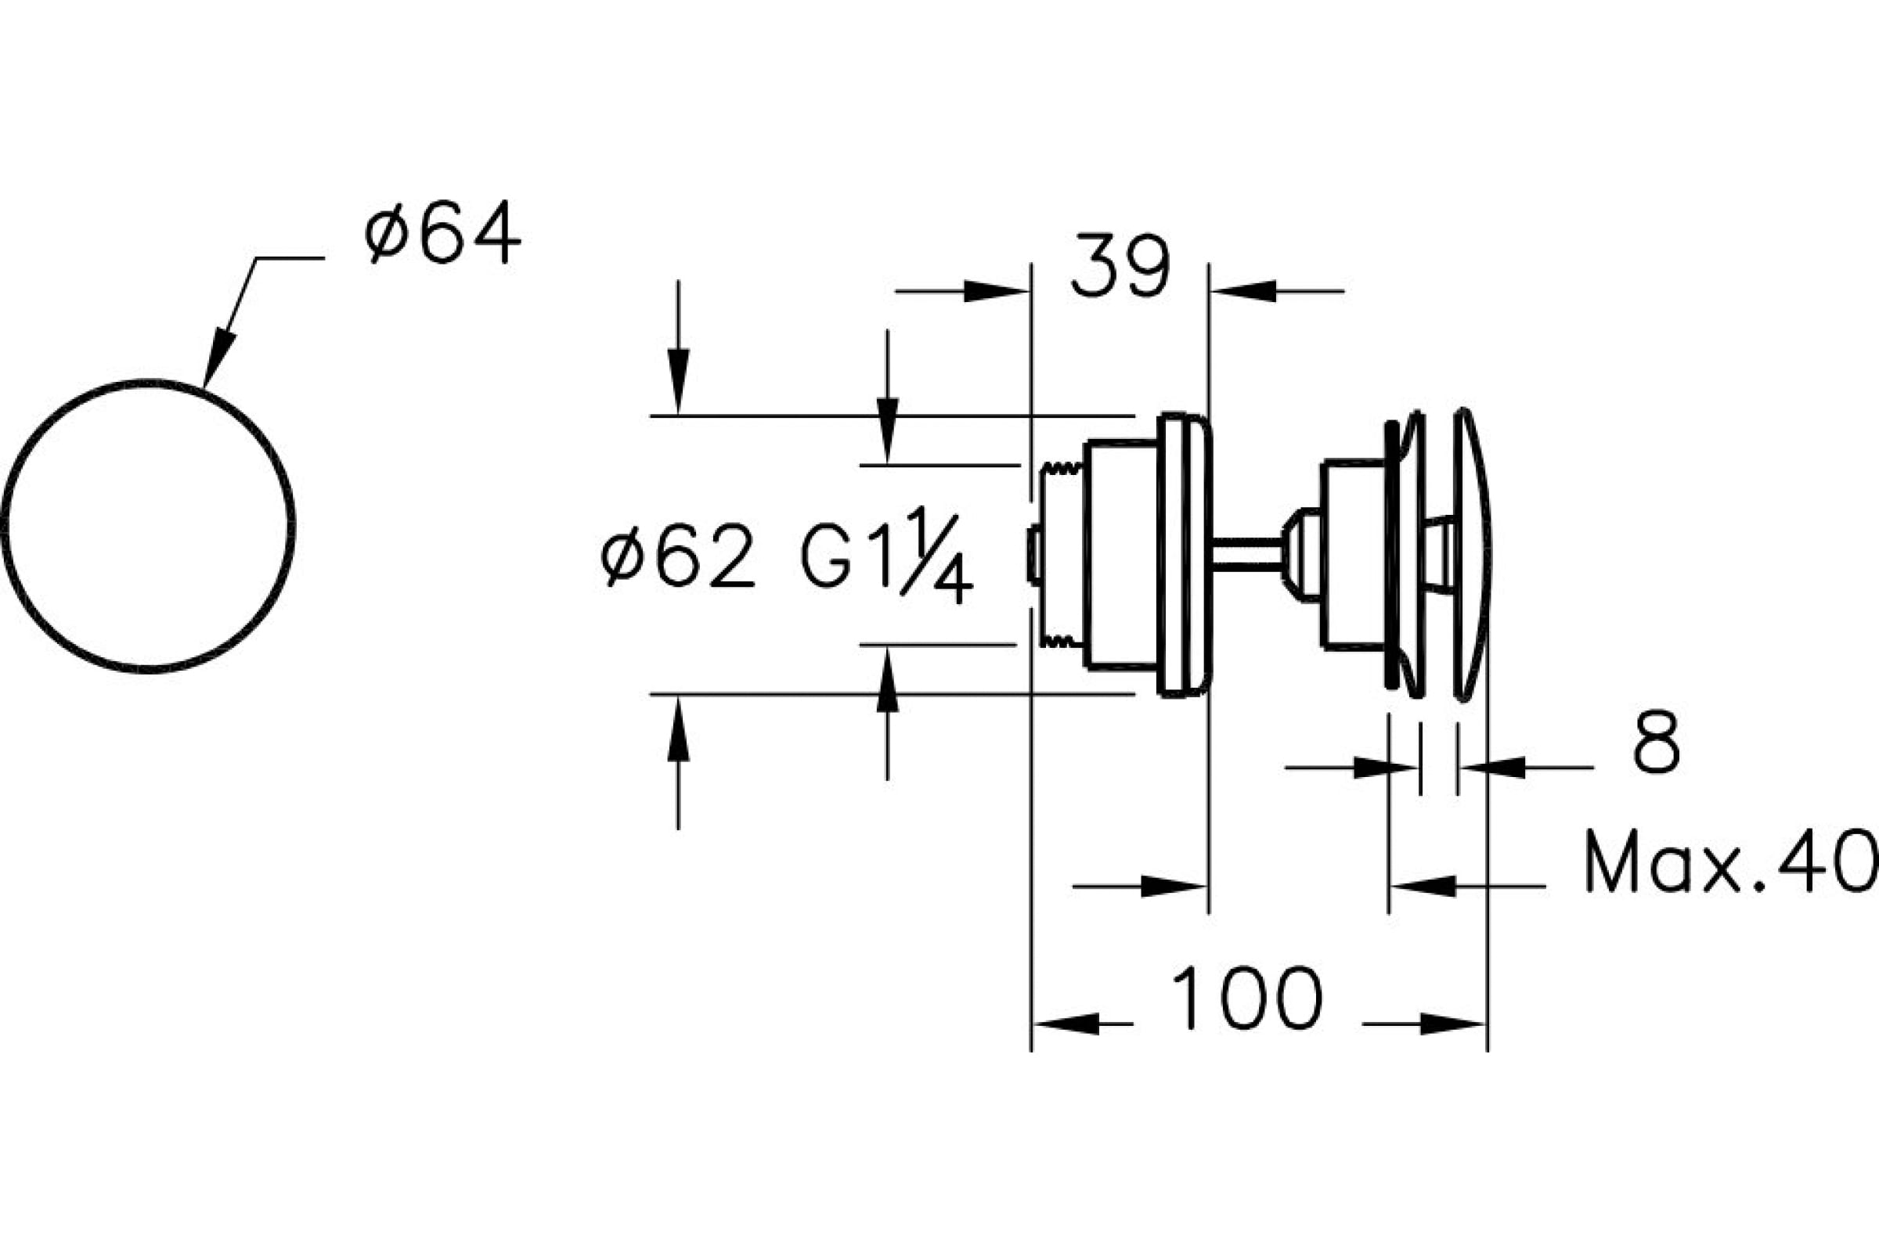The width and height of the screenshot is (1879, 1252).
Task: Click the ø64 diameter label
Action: coord(442,232)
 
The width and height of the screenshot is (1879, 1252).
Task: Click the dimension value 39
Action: coord(1120,266)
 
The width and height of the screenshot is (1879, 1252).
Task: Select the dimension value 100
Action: coord(1247,999)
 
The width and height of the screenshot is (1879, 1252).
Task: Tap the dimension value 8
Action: coord(1656,742)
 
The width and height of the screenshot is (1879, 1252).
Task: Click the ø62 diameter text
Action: coord(678,556)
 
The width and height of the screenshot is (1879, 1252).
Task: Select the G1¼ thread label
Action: coord(887,556)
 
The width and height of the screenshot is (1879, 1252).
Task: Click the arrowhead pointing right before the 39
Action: coord(996,291)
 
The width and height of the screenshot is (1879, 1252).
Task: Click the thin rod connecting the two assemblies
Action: coord(1247,553)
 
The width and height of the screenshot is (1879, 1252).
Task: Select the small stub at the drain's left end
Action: coord(1033,554)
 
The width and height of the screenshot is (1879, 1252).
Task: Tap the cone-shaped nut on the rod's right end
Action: coord(1302,553)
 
